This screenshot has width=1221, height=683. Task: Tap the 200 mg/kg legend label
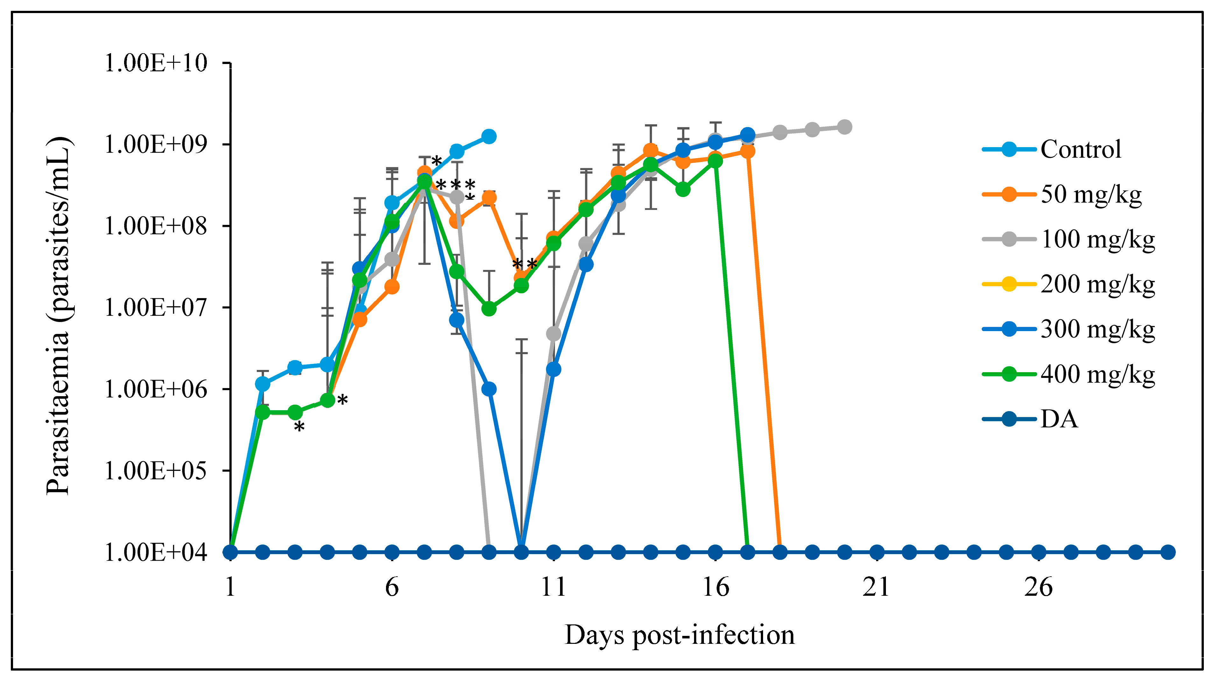1097,285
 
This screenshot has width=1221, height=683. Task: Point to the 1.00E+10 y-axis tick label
156,63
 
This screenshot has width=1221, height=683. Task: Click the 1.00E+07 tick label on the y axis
156,307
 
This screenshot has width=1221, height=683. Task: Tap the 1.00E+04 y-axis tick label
156,552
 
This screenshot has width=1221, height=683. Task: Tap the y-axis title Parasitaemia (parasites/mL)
59,316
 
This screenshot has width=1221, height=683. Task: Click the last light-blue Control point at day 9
489,137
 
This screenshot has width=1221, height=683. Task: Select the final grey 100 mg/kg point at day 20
844,127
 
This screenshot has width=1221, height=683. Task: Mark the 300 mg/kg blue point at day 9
489,389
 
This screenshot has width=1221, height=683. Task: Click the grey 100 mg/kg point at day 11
553,334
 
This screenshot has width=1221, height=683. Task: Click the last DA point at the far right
1168,552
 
